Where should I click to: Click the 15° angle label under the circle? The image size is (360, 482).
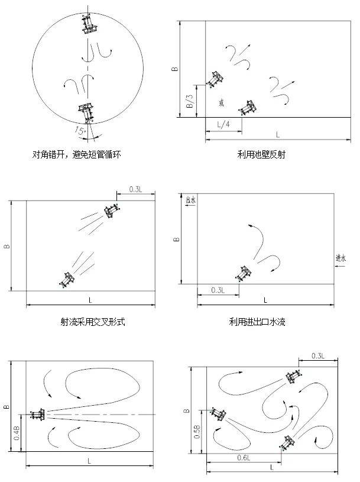(x=79, y=131)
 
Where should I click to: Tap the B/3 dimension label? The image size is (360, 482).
(x=190, y=101)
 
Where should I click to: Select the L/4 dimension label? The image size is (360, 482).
(x=223, y=125)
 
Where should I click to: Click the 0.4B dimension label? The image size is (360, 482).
(x=17, y=433)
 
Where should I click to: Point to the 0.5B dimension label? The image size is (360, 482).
(x=197, y=431)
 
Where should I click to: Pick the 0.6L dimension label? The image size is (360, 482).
(x=244, y=458)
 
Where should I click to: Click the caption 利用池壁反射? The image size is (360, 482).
(x=261, y=154)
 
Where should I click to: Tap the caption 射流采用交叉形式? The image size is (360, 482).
(x=93, y=322)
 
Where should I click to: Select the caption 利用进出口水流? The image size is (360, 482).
(x=257, y=322)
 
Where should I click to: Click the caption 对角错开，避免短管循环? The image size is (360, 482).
(x=76, y=154)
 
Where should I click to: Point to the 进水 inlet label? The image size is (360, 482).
(x=340, y=258)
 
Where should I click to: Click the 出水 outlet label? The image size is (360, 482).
(x=190, y=200)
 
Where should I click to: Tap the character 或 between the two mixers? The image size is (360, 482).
(x=221, y=103)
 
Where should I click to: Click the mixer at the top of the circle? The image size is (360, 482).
(x=89, y=24)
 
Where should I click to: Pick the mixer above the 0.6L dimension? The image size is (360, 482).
(x=287, y=442)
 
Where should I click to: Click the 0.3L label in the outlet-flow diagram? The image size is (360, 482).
(x=218, y=290)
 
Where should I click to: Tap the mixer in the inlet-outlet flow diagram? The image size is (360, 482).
(x=243, y=273)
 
